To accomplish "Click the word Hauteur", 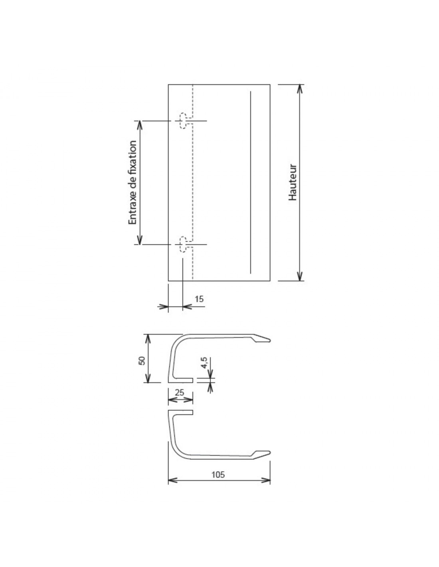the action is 293,182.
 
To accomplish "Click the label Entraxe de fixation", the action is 132,182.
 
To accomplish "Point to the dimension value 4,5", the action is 204,363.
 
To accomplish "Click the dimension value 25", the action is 180,392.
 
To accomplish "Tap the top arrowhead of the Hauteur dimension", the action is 300,89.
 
